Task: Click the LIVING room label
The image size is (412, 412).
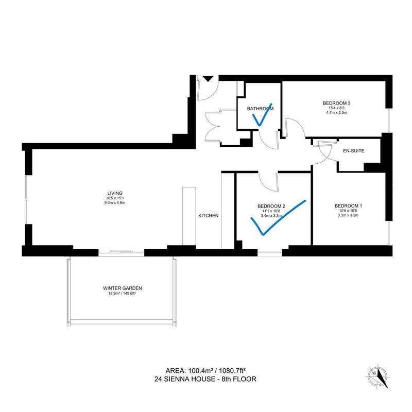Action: (x=115, y=194)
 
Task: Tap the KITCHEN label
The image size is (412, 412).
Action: (x=209, y=216)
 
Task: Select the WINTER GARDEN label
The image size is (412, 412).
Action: (x=123, y=288)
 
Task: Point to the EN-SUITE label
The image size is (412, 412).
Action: (x=354, y=151)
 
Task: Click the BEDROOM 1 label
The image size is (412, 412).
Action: (x=348, y=206)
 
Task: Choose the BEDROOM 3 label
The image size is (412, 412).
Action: (x=337, y=104)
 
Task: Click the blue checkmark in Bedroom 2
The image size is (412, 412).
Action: (x=278, y=217)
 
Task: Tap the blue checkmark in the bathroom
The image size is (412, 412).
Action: (x=262, y=115)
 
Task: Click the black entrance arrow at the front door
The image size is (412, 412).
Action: (x=208, y=79)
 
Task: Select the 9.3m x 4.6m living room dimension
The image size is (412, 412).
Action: (x=115, y=203)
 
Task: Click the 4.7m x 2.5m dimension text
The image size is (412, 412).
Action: (x=337, y=112)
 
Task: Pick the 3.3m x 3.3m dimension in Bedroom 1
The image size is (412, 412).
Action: (x=348, y=215)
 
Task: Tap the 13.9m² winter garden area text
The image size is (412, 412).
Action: (x=122, y=294)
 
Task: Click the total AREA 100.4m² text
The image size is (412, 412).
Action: (x=205, y=371)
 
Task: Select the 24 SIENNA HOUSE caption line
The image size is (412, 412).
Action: (x=205, y=379)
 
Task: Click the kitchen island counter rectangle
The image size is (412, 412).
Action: (x=189, y=216)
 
